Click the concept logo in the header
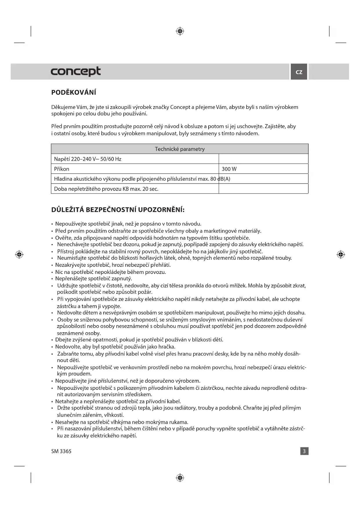76,71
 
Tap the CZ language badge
299,72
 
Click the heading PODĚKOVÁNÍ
74,93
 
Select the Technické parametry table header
180,149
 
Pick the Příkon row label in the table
62,169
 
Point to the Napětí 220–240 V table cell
88,159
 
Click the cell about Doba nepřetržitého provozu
106,189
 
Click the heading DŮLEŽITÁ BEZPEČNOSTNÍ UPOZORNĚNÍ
118,210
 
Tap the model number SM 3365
61,451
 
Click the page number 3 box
304,451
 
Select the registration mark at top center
180,31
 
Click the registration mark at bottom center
180,477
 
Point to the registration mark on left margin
19,255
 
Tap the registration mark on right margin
341,255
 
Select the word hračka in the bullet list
167,347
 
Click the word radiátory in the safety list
185,408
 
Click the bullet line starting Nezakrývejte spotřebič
113,265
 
